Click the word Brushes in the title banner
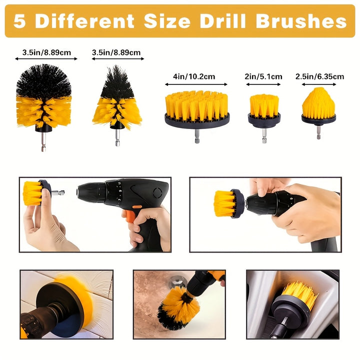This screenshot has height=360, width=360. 301,21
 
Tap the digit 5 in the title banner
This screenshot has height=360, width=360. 19,21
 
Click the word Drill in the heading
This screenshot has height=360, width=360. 222,21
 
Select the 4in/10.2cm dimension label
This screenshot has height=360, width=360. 194,76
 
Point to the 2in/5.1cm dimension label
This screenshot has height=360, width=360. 263,76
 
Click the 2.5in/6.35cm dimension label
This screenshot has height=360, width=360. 319,76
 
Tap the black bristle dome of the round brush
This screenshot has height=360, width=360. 43,80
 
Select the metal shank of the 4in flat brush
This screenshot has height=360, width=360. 197,136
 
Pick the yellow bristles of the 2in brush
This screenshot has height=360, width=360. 264,105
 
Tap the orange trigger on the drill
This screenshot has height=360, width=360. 130,215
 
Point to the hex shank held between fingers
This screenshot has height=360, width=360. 58,192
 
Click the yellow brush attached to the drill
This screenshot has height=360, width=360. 224,203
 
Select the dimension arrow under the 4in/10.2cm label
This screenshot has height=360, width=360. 196,84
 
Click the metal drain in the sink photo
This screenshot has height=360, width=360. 177,281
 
